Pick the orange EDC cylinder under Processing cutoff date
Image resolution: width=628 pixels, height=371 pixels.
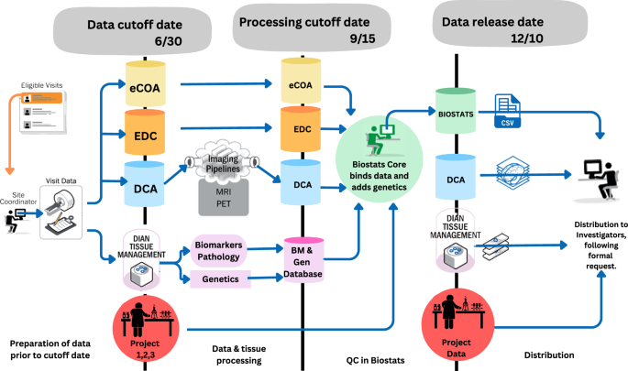[x=303, y=130]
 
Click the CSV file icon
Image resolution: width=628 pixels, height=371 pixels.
[x=508, y=111]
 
